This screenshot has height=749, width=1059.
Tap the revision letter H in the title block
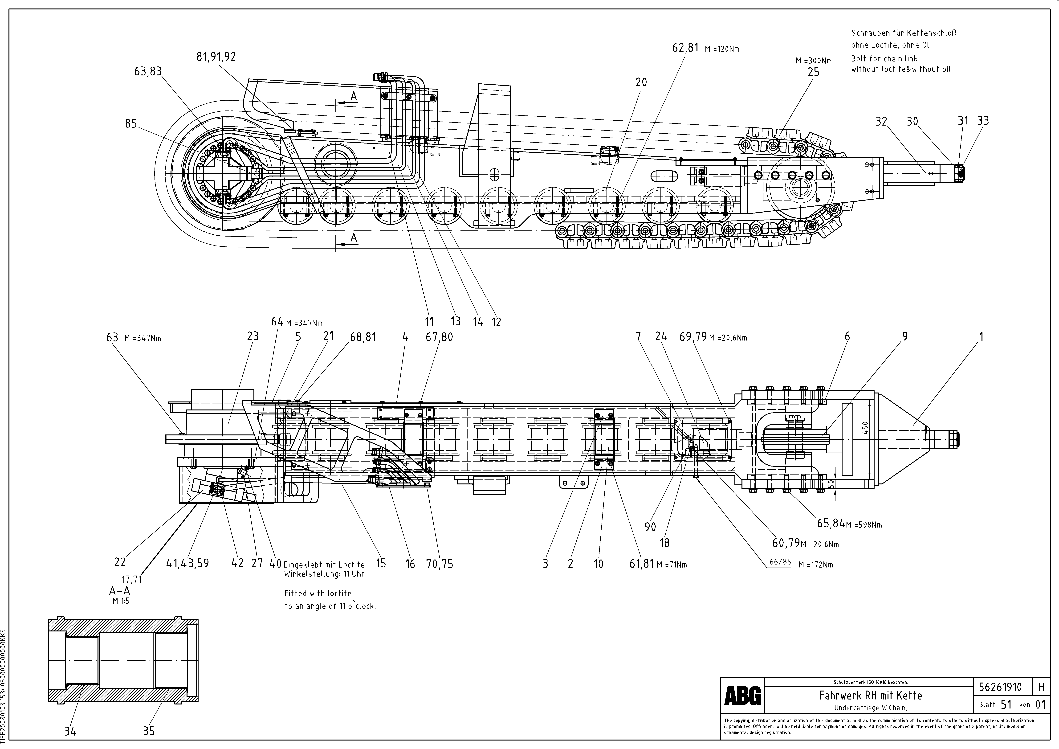click(1041, 687)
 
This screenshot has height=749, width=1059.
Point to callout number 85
click(131, 124)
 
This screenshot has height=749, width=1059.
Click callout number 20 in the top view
click(641, 83)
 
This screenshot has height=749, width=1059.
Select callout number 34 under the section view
click(70, 731)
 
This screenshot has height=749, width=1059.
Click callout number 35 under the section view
click(149, 731)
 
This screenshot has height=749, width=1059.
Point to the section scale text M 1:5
click(121, 601)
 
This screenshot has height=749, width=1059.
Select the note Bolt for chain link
click(884, 59)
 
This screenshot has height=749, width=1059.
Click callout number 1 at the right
click(981, 337)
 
